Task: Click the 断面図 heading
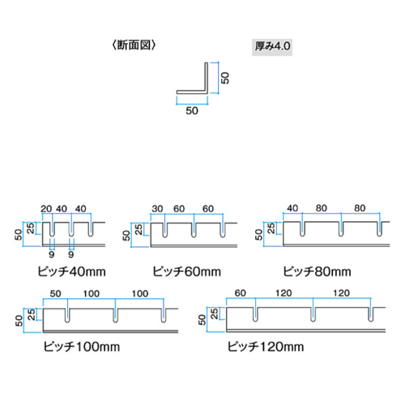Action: click(x=134, y=45)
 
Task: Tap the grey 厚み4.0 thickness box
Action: click(x=272, y=47)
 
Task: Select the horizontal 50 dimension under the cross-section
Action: click(x=192, y=111)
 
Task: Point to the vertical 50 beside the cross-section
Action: click(x=225, y=78)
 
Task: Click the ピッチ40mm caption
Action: click(x=71, y=271)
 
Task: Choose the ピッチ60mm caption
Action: click(x=187, y=271)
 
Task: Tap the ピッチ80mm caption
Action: click(x=317, y=271)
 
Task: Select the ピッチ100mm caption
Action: click(x=82, y=347)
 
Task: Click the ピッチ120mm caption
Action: click(x=266, y=347)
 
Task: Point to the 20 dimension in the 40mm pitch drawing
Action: click(x=46, y=209)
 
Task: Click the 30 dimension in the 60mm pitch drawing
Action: click(x=157, y=209)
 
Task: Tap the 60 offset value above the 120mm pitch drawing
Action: click(x=241, y=293)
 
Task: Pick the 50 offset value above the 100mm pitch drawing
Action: click(x=56, y=293)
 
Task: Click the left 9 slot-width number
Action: click(x=52, y=254)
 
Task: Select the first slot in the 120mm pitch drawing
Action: click(x=255, y=314)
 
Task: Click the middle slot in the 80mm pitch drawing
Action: click(x=341, y=229)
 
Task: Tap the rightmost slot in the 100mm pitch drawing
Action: click(x=164, y=315)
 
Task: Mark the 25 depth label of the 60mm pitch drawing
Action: click(x=139, y=229)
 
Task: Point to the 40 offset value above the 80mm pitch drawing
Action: click(x=292, y=208)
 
